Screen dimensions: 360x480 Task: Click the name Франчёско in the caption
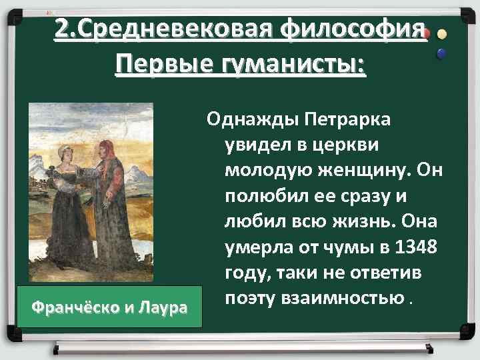coord(75,309)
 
